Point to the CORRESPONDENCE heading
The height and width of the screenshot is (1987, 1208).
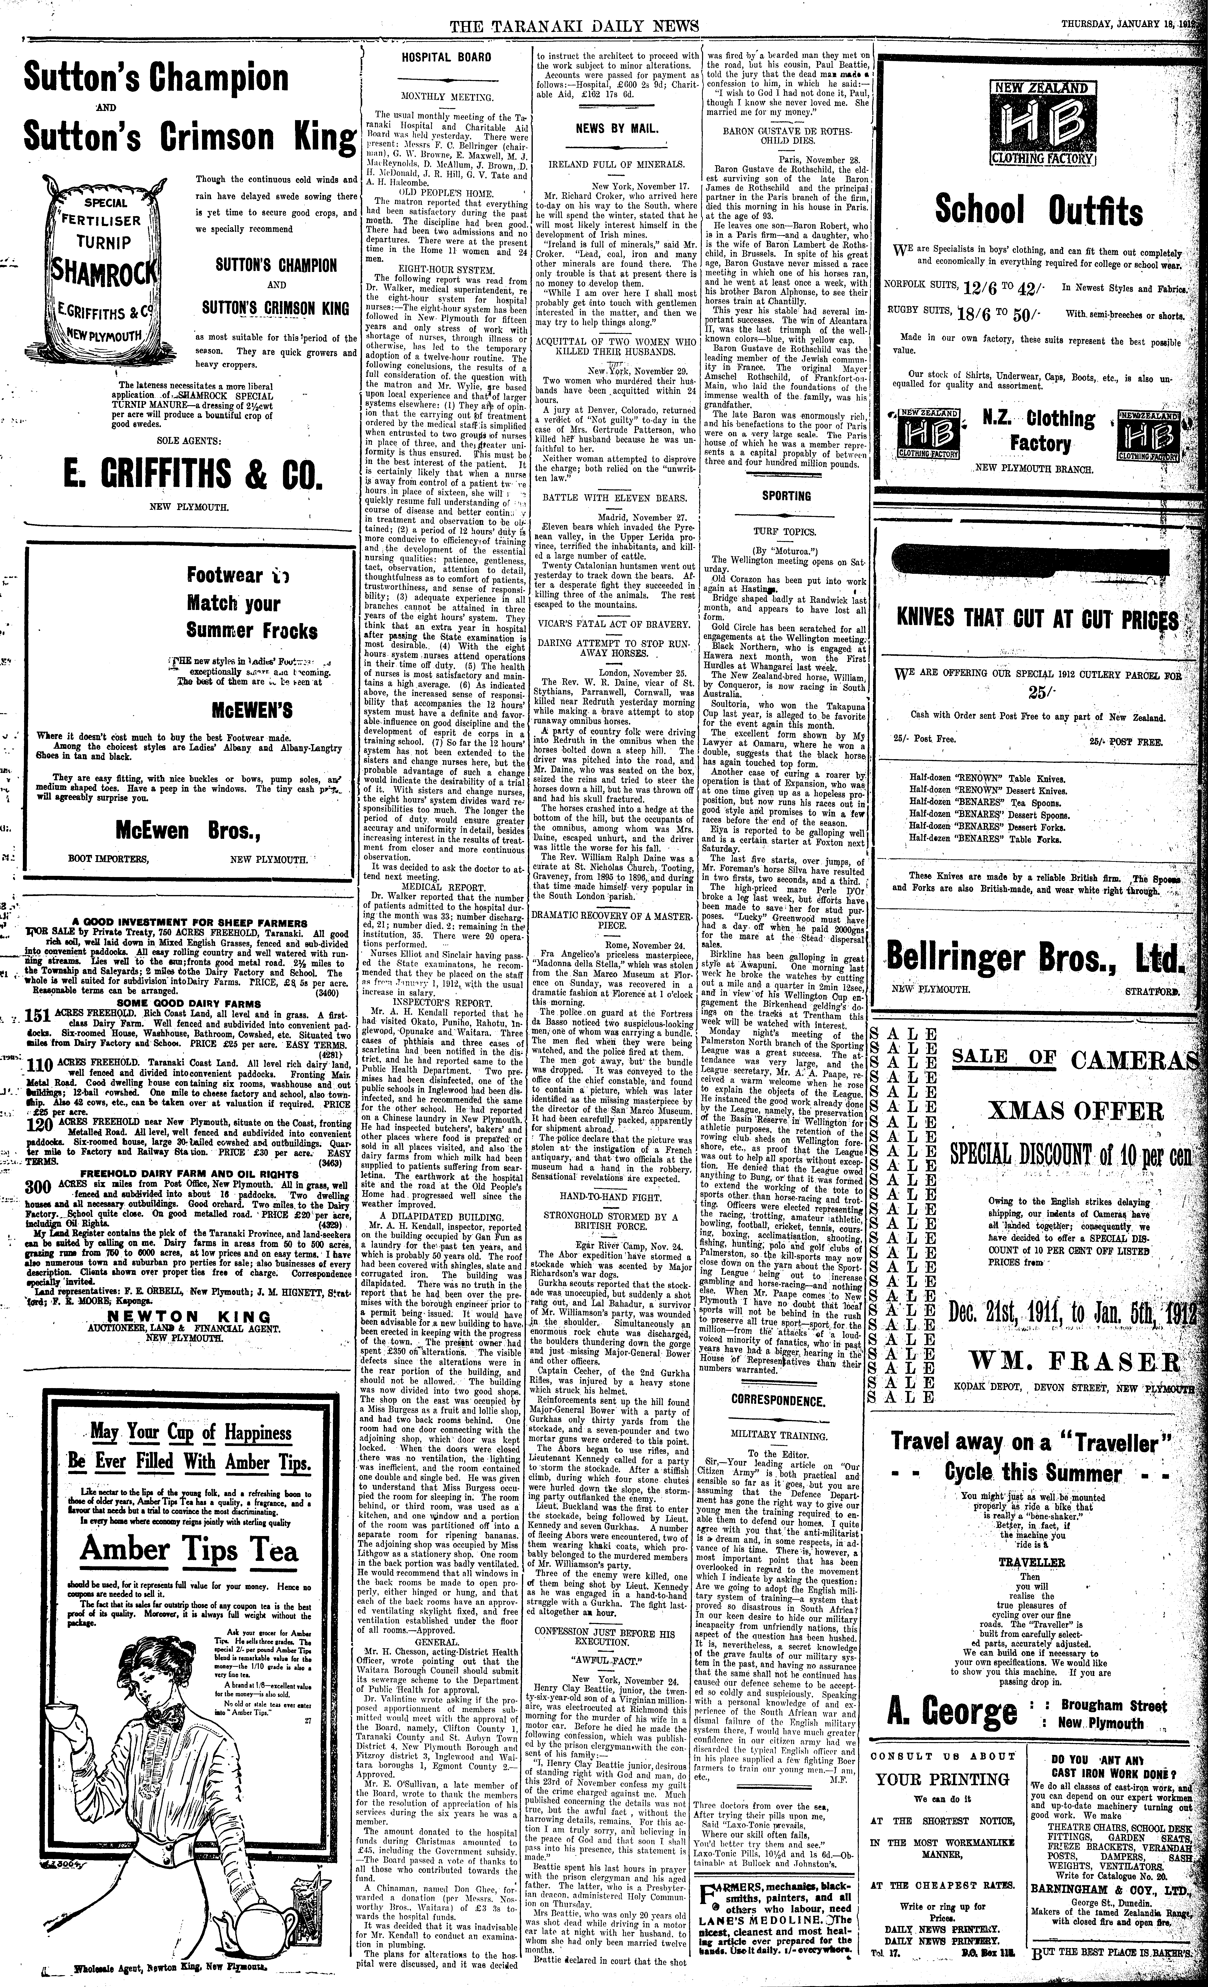tap(779, 1401)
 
